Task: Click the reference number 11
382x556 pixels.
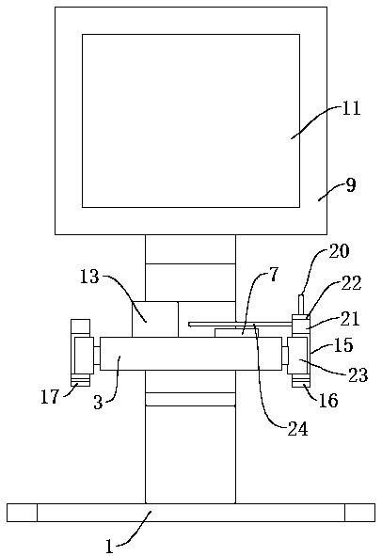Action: pyautogui.click(x=351, y=108)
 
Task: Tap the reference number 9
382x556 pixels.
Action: pyautogui.click(x=351, y=185)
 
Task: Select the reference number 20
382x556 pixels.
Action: pyautogui.click(x=339, y=251)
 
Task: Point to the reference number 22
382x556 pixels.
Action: pyautogui.click(x=351, y=283)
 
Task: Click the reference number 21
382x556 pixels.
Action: pyautogui.click(x=350, y=318)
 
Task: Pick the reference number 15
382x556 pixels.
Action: pyautogui.click(x=343, y=344)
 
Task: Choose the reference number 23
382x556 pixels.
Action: pyautogui.click(x=358, y=374)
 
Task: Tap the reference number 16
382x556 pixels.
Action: pyautogui.click(x=328, y=401)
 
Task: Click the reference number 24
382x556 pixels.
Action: pyautogui.click(x=297, y=429)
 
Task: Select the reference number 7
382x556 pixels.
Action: pyautogui.click(x=274, y=275)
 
